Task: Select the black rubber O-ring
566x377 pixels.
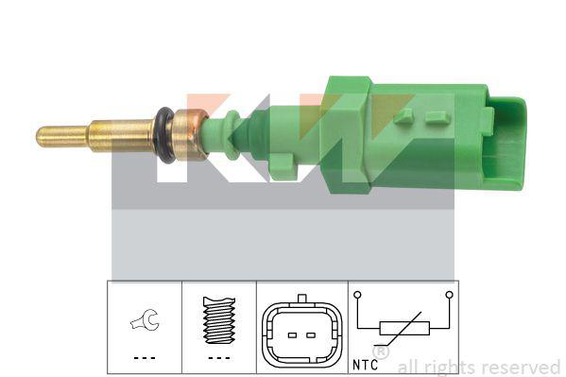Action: coord(165,136)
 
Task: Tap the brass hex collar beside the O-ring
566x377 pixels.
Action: coord(190,134)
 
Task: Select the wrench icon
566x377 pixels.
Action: coord(145,322)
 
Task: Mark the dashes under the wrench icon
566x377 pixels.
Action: coord(144,358)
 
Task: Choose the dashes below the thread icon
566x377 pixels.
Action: coord(219,358)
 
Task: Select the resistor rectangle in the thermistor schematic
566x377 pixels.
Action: coord(403,329)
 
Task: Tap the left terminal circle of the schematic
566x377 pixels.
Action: coord(358,295)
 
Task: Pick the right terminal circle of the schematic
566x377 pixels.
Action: coord(449,295)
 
